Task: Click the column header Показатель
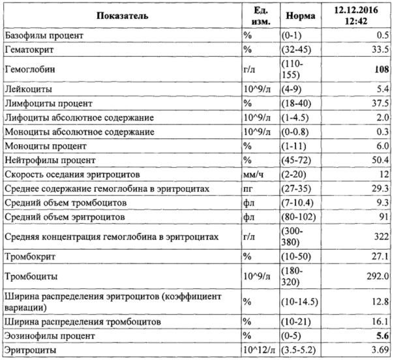tap(121, 14)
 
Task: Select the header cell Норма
tap(296, 14)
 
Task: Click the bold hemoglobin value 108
tap(378, 68)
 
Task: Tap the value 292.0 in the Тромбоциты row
tap(375, 277)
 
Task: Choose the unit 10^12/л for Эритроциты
tap(259, 351)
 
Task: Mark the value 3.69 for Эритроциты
tap(378, 351)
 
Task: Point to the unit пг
tap(248, 188)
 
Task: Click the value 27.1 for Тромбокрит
tap(378, 256)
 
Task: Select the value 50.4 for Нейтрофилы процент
tap(378, 160)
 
